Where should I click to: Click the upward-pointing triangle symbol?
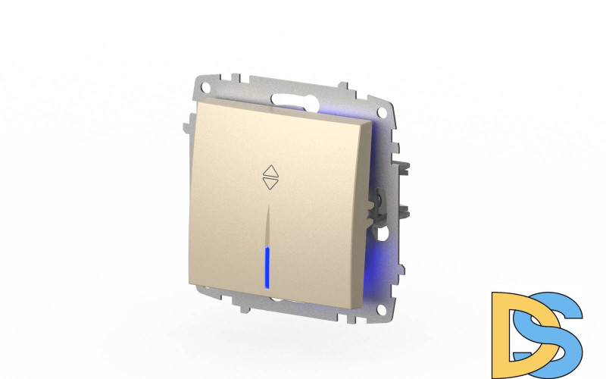click(x=270, y=171)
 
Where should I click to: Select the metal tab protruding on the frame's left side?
click(x=185, y=125)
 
